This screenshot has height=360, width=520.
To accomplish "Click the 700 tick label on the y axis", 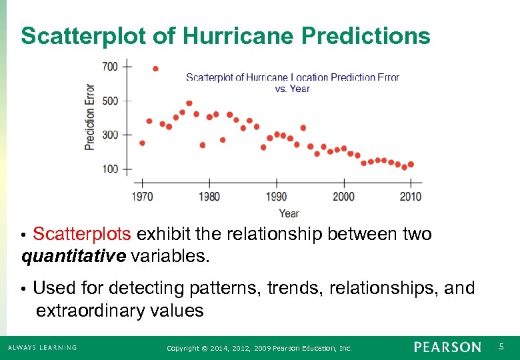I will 110,66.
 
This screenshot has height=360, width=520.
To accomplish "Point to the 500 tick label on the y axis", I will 110,101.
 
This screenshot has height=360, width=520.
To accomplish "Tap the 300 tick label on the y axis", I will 110,135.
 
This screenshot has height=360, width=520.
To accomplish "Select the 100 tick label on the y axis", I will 110,169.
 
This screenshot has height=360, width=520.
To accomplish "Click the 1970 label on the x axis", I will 142,197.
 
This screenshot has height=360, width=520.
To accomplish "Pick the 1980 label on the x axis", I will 209,197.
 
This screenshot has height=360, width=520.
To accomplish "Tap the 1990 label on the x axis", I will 276,197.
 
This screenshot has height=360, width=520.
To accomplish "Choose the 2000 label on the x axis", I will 343,197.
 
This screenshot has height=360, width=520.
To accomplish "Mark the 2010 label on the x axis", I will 411,197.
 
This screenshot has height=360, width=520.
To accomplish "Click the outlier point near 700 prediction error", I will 155,69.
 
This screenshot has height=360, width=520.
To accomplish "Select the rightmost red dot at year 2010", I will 411,164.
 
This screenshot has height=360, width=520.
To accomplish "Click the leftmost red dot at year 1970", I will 142,143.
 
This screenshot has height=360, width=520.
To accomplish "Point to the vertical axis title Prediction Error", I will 89,117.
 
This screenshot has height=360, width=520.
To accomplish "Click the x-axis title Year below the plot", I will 289,213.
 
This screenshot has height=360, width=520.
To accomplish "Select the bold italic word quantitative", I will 74,256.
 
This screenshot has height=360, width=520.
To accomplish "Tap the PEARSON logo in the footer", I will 447,347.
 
